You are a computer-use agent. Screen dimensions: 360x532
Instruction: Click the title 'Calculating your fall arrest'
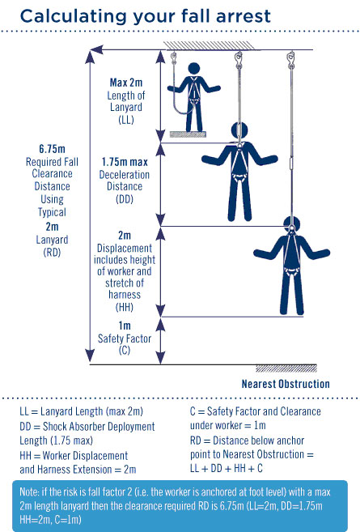pyautogui.click(x=145, y=15)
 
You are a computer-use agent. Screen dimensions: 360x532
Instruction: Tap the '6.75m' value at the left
pyautogui.click(x=52, y=149)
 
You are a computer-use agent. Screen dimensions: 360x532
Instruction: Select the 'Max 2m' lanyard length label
pyautogui.click(x=125, y=83)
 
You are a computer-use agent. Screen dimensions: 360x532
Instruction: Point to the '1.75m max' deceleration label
pyautogui.click(x=125, y=162)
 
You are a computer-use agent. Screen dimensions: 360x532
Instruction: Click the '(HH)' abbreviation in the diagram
pyautogui.click(x=125, y=307)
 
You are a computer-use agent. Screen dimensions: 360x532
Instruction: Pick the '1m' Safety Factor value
pyautogui.click(x=125, y=326)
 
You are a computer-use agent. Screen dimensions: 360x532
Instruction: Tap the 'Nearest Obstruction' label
pyautogui.click(x=286, y=384)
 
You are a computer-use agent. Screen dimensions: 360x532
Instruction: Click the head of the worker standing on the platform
pyautogui.click(x=194, y=68)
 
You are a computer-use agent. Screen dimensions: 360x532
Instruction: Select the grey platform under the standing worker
pyautogui.click(x=188, y=134)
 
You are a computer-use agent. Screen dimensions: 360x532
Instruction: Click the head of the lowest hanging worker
pyautogui.click(x=291, y=224)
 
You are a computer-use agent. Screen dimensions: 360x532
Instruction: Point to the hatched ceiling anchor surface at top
pyautogui.click(x=210, y=45)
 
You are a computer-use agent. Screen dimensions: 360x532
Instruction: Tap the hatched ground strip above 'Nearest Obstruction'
pyautogui.click(x=286, y=368)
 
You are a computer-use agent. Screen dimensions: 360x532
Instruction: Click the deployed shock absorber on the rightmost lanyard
pyautogui.click(x=291, y=162)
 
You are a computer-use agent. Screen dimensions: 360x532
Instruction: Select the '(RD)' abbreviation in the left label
pyautogui.click(x=52, y=253)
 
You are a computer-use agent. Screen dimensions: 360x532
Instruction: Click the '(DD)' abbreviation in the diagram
pyautogui.click(x=125, y=199)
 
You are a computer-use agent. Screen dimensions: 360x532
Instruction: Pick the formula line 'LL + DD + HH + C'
pyautogui.click(x=227, y=469)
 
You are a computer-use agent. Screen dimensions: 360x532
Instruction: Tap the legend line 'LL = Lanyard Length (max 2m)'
pyautogui.click(x=82, y=411)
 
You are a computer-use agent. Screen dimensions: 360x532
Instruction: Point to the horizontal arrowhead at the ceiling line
pyautogui.click(x=97, y=50)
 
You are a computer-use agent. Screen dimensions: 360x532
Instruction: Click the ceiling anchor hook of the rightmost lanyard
pyautogui.click(x=290, y=59)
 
